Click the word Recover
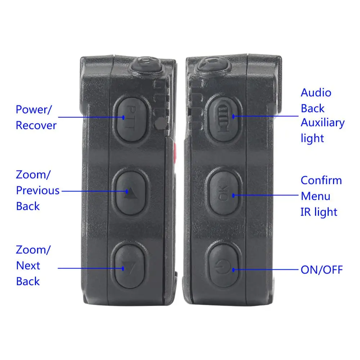coord(36,125)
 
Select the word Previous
coord(38,190)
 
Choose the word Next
coord(28,266)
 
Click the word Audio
coord(316,93)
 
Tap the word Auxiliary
coord(323,123)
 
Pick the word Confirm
coord(321,180)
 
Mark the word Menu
coord(315,196)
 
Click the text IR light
coord(319,212)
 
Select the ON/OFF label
coord(321,270)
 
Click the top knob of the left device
coord(146,64)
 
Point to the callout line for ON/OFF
coord(266,270)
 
